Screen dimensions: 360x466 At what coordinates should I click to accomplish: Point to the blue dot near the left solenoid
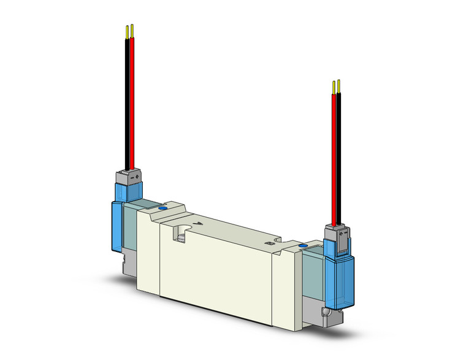click(162, 209)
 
